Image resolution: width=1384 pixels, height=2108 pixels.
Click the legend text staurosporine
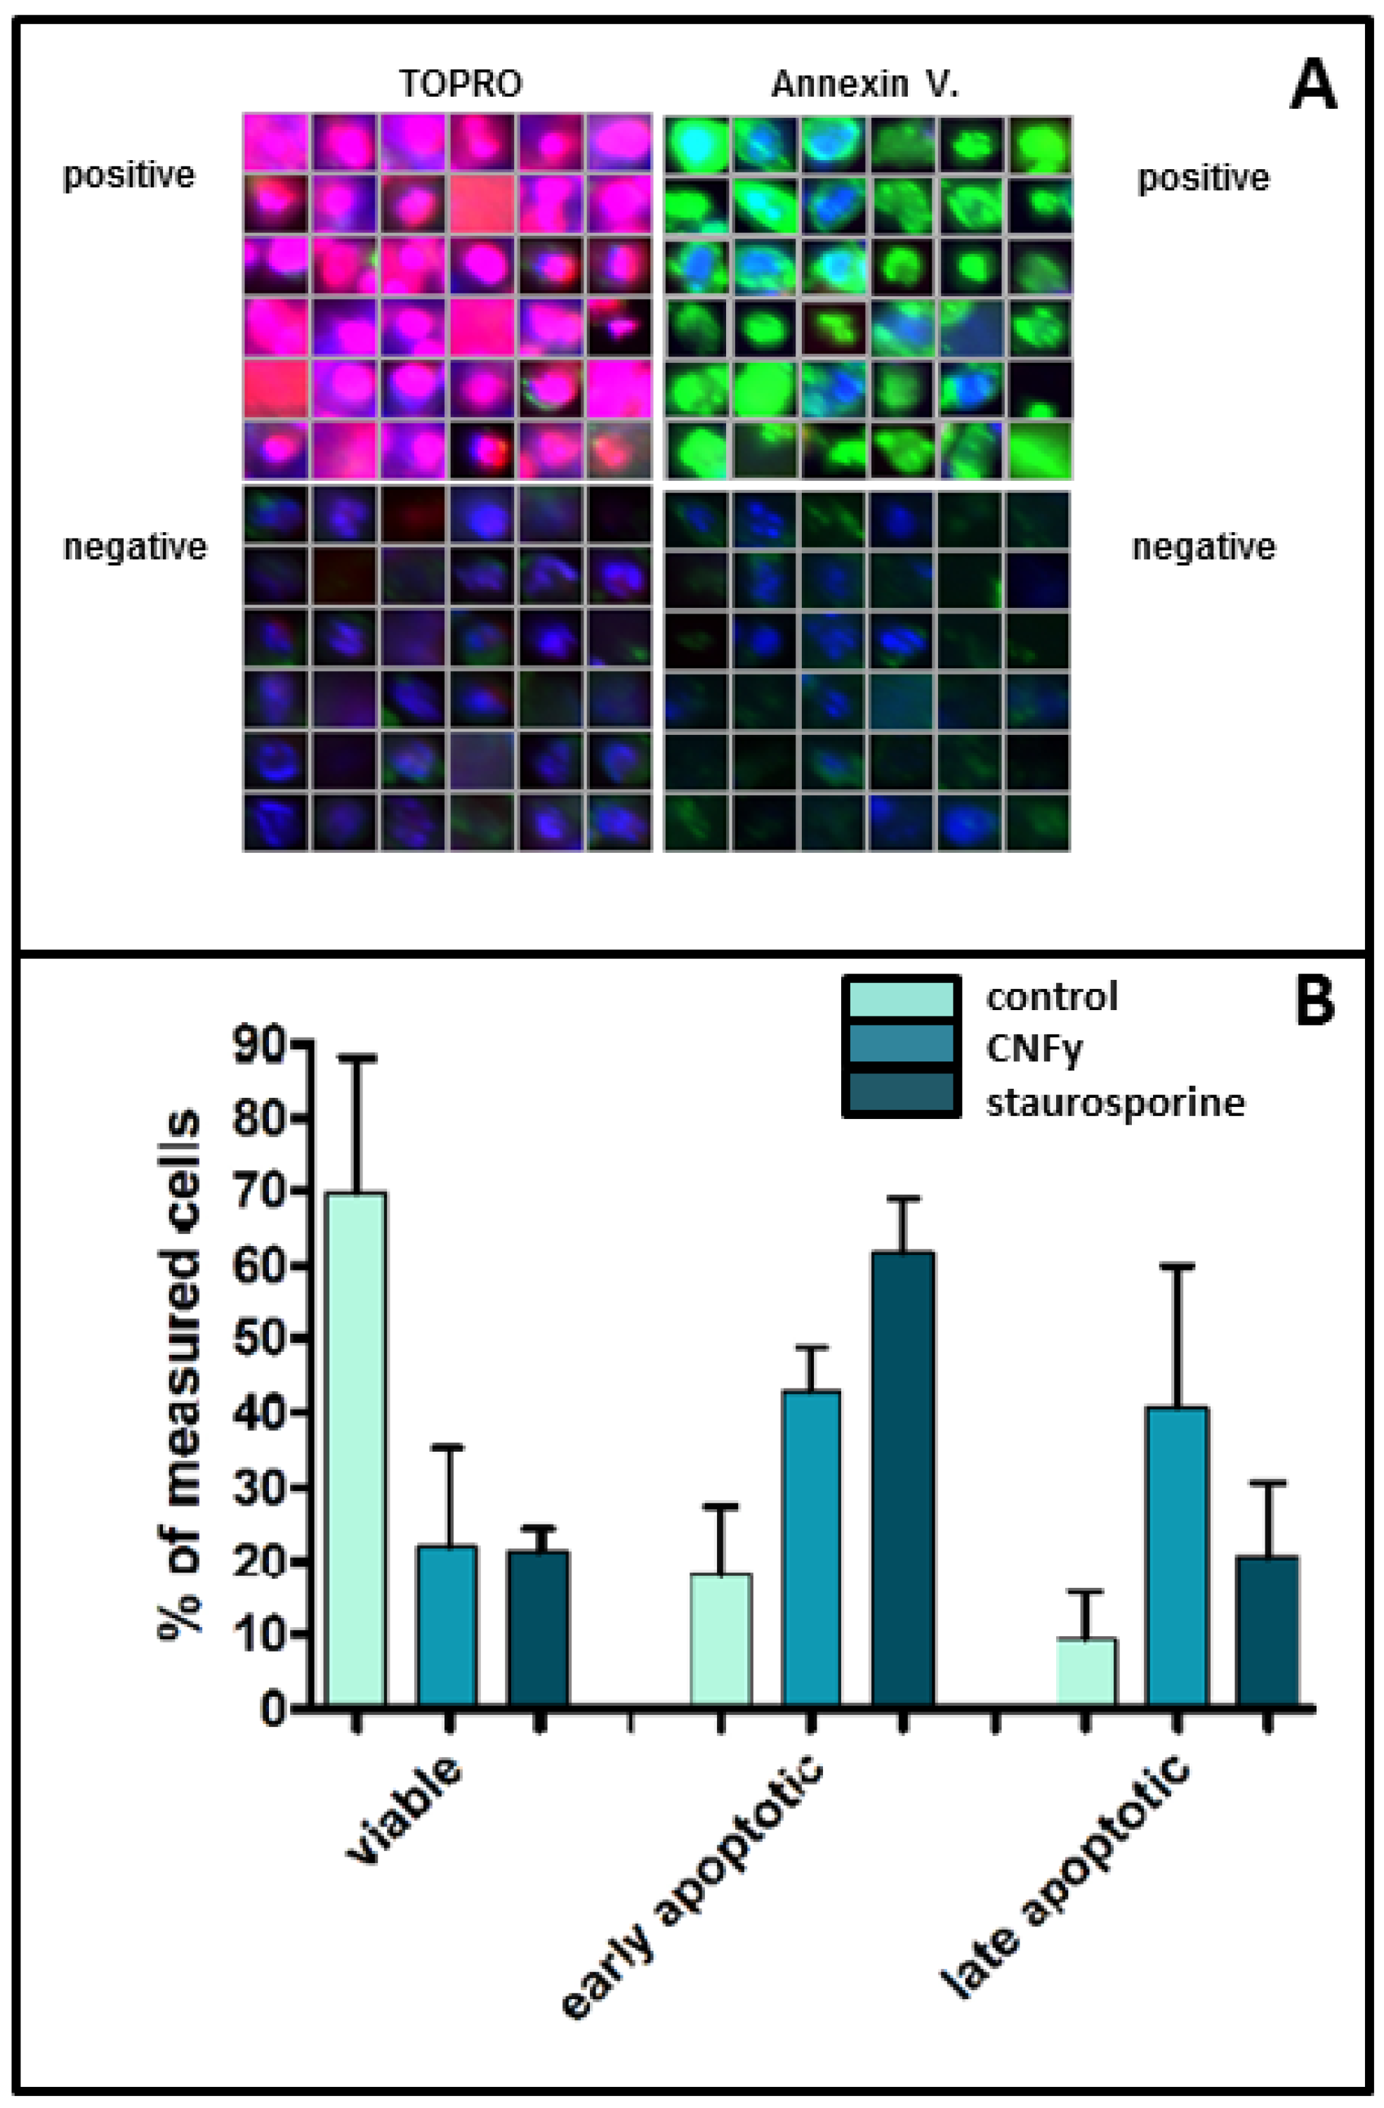pyautogui.click(x=1114, y=1103)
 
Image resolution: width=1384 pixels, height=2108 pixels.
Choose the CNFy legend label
pyautogui.click(x=1034, y=1049)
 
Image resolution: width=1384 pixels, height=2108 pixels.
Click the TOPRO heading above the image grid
pyautogui.click(x=460, y=84)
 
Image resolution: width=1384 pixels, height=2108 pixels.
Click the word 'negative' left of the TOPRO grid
pyautogui.click(x=135, y=548)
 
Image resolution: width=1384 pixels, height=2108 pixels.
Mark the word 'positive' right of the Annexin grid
pyautogui.click(x=1202, y=178)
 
